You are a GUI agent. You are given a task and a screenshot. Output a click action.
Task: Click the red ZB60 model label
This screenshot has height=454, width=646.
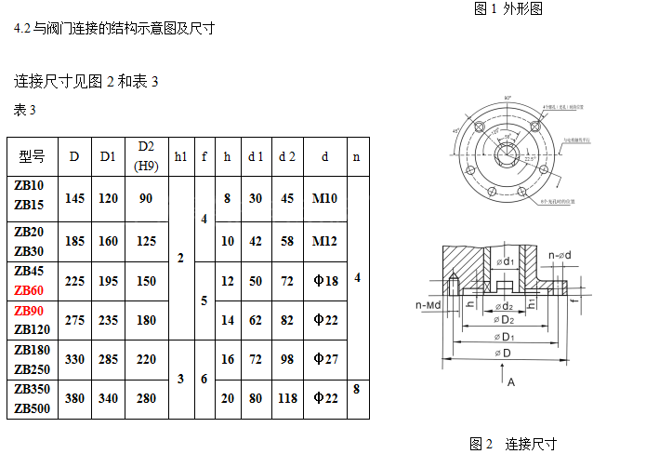point(29,290)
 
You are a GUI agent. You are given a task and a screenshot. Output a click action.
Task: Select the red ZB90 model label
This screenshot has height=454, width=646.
point(29,310)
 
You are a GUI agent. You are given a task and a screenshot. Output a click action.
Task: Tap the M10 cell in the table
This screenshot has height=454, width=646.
point(324,198)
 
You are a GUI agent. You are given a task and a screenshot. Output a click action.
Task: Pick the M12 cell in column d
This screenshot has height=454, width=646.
point(324,241)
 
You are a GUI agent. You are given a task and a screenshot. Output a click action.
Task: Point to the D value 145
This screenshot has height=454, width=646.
point(75,198)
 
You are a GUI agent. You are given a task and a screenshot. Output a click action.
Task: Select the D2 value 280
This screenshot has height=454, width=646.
point(146,398)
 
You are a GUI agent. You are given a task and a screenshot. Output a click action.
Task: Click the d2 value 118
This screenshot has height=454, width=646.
point(287,398)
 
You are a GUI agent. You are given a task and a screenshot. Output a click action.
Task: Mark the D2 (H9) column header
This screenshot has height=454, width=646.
point(146,156)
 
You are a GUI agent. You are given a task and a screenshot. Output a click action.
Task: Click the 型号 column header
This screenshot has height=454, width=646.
point(32,156)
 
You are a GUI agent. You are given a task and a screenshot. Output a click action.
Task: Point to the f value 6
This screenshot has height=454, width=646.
point(204,379)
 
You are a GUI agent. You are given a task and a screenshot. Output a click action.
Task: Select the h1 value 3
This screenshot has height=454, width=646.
point(180,379)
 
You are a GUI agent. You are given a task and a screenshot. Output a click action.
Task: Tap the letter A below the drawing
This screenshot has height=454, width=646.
point(510,381)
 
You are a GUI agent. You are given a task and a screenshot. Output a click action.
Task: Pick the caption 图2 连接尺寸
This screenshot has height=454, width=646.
point(511,444)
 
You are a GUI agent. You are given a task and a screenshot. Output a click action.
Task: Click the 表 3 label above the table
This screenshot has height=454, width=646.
point(25,111)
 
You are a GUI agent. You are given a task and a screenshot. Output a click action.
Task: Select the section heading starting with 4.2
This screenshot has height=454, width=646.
point(114,28)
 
